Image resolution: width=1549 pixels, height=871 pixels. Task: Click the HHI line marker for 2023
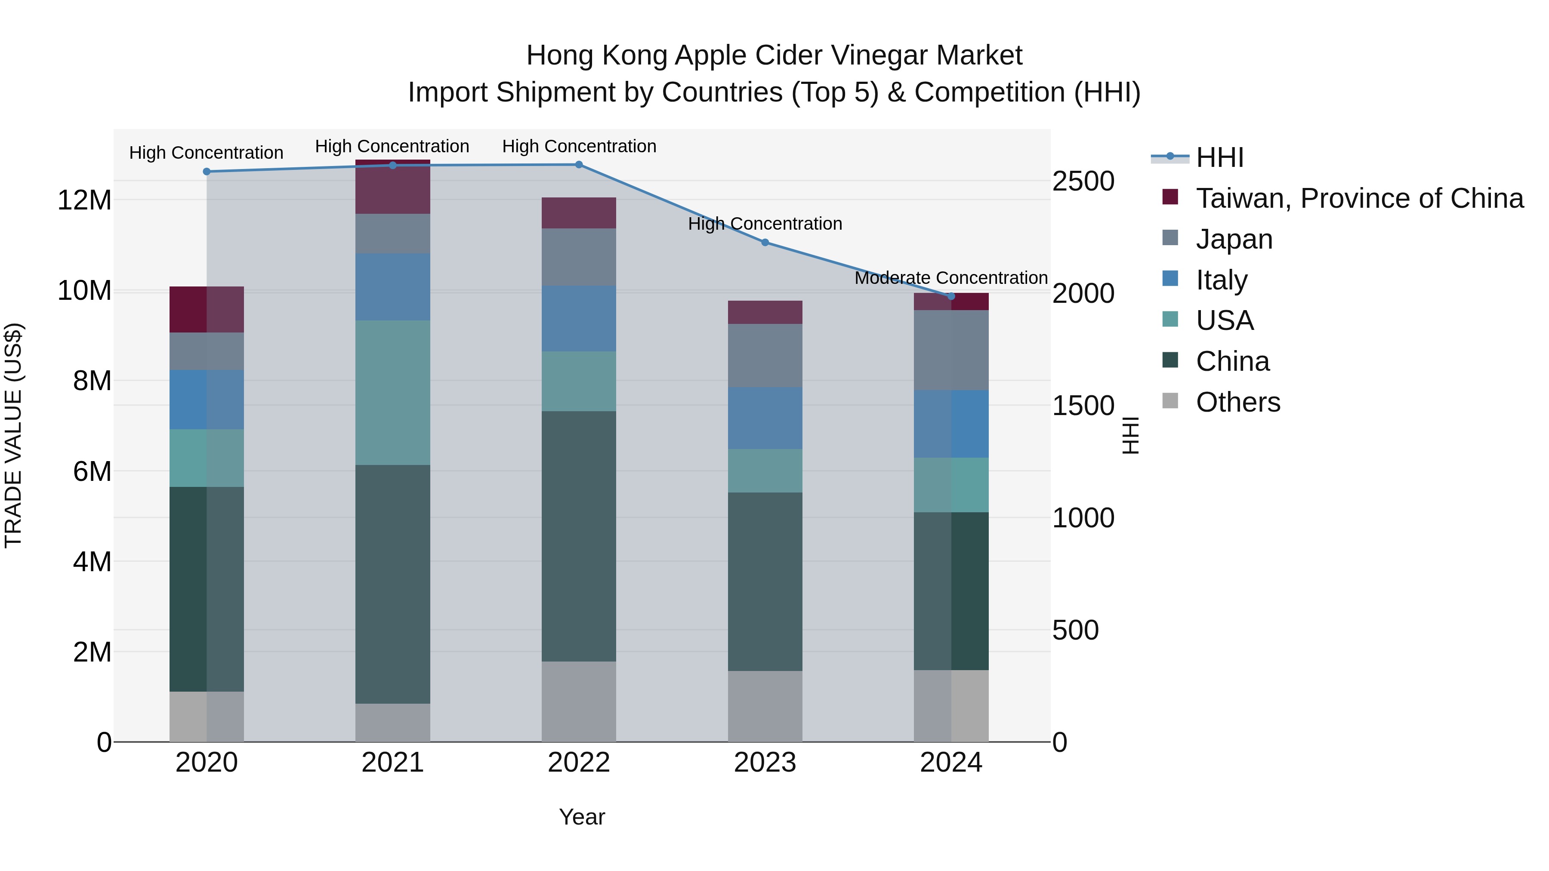(x=765, y=242)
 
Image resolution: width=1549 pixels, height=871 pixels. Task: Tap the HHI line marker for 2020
(x=207, y=171)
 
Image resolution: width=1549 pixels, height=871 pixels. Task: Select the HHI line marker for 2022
(x=578, y=164)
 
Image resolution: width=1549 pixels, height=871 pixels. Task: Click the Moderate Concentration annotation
(x=950, y=278)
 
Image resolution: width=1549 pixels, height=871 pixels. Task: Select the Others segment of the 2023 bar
(x=765, y=706)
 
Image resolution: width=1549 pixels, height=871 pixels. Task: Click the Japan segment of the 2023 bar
(x=765, y=355)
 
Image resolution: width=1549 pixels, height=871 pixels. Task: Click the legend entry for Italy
(x=1221, y=280)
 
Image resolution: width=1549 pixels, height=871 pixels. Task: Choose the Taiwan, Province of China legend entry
(x=1359, y=198)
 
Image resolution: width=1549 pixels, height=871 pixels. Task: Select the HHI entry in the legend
(x=1219, y=157)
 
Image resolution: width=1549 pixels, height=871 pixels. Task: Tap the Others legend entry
(x=1237, y=402)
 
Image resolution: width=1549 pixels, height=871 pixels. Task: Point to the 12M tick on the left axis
(x=84, y=200)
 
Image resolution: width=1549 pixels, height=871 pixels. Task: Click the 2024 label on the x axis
(x=950, y=762)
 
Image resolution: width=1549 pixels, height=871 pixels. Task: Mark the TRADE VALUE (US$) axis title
(x=13, y=435)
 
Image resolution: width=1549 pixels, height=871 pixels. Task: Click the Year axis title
(x=581, y=817)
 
